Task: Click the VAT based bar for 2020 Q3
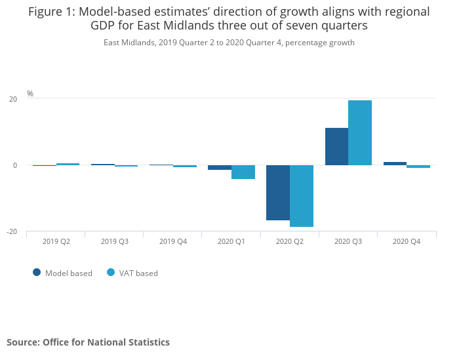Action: pos(360,133)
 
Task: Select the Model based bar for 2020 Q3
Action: pos(336,147)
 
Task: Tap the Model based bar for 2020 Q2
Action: pos(278,193)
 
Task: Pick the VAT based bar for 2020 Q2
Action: pos(302,196)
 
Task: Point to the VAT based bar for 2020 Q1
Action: pos(243,172)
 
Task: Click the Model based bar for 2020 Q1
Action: pos(220,167)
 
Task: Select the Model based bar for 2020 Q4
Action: pos(395,164)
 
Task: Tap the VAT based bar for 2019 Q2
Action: pos(68,164)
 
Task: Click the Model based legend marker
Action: pos(37,273)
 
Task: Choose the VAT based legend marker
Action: pos(111,273)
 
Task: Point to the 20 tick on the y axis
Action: pos(13,99)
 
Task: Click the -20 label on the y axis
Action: pos(12,231)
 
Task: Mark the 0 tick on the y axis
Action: pos(15,165)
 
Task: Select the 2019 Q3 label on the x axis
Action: pos(115,241)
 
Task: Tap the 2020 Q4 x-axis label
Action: pos(407,241)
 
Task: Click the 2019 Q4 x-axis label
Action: pos(173,241)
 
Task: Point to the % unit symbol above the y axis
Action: pos(30,94)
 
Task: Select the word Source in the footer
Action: pos(23,342)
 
